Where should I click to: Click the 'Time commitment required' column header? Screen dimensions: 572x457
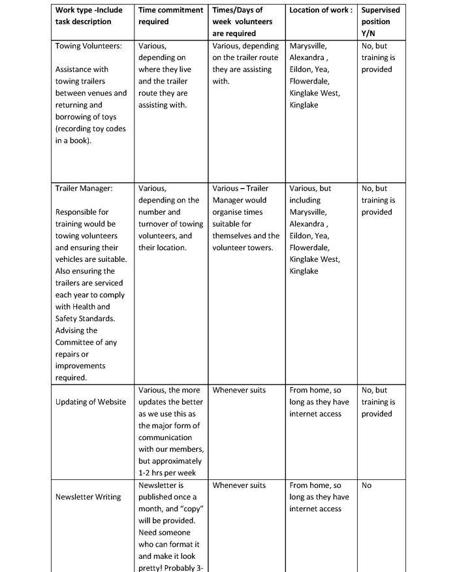coord(170,16)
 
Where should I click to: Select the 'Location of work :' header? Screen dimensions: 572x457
coord(321,10)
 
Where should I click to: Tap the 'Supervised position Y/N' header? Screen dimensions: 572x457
coord(380,22)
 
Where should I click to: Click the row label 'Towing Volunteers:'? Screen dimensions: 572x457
coord(88,46)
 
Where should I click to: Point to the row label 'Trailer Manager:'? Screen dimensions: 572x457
coord(84,188)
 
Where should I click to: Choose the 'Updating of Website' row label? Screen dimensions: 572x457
coord(91,402)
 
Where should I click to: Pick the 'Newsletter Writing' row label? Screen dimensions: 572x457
coord(88,497)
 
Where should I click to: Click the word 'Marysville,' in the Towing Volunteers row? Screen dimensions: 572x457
coord(309,46)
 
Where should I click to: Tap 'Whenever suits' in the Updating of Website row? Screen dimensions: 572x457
coord(239,390)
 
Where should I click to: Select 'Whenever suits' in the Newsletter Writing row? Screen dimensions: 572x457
coord(239,485)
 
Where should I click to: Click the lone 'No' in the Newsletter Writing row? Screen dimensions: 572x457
coord(366,485)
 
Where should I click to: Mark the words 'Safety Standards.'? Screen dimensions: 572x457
coord(85,319)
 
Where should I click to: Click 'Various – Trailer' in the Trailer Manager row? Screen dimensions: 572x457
coord(240,188)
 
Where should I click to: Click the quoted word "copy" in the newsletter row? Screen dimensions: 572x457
coord(183,509)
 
